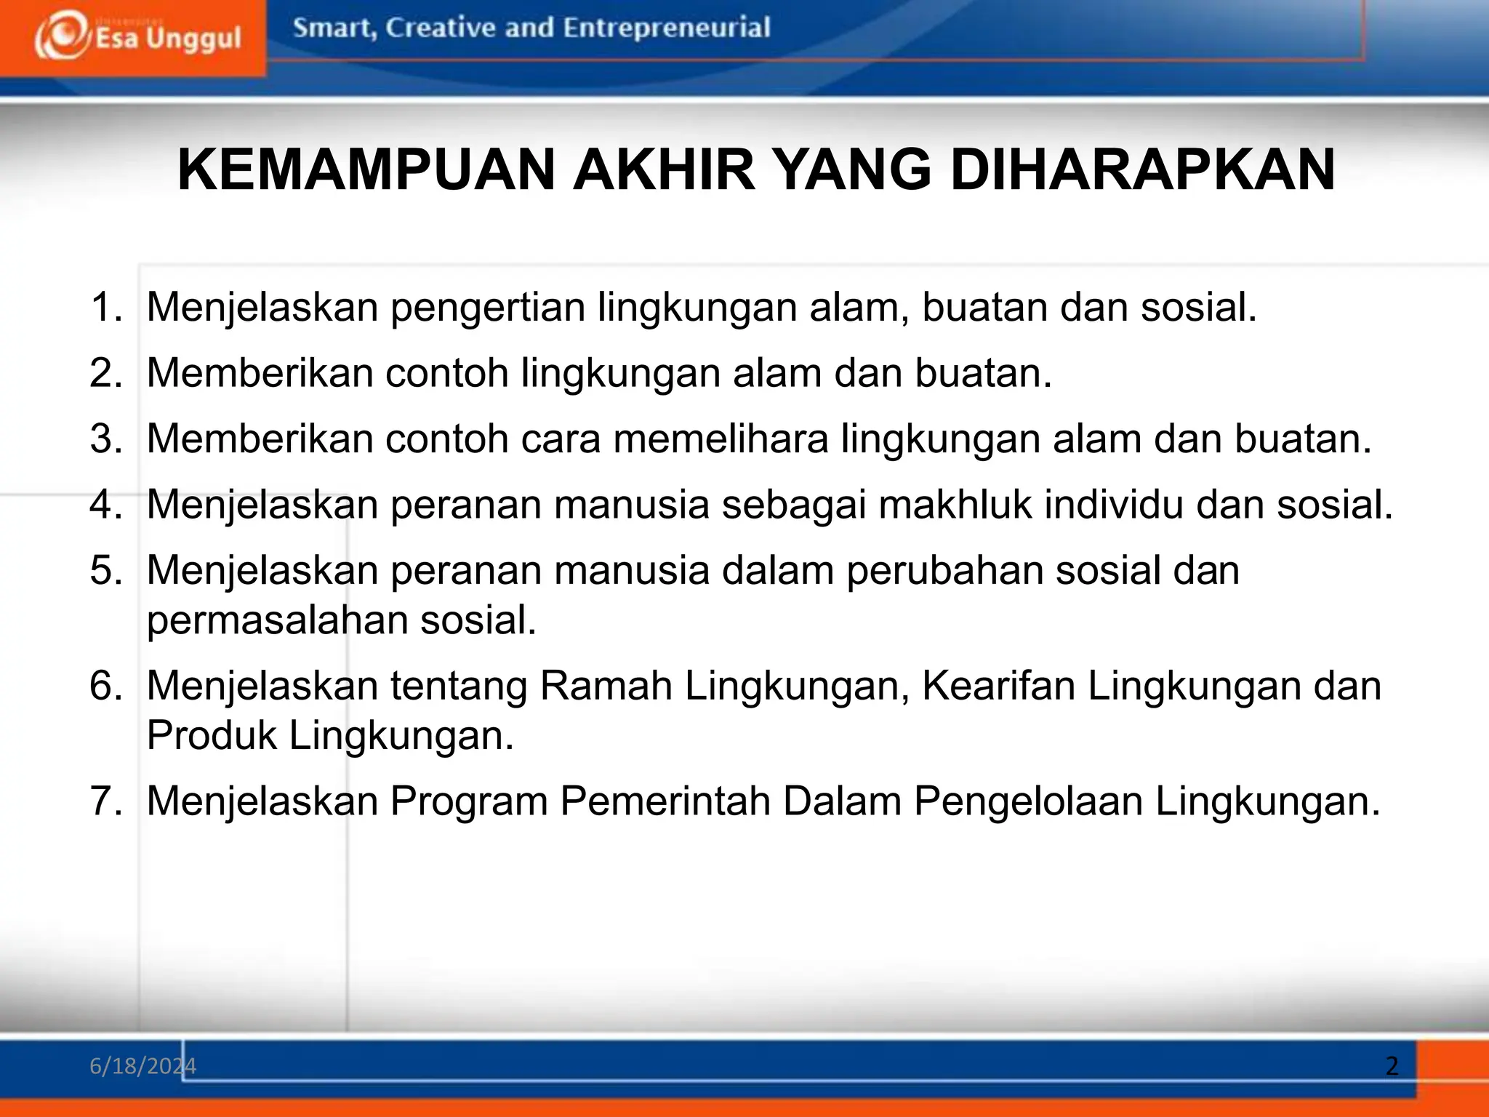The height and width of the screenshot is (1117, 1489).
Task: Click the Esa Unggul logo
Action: tap(137, 36)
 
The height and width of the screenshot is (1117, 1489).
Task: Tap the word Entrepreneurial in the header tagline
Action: tap(666, 28)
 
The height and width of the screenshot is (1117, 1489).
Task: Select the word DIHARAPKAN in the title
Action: tap(1142, 169)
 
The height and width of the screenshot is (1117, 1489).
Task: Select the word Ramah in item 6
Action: tap(606, 686)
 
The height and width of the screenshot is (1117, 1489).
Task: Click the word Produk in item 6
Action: tap(212, 735)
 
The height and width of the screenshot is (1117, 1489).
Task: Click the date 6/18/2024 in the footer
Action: tap(143, 1066)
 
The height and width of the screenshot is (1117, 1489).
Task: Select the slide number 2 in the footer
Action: tap(1392, 1066)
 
